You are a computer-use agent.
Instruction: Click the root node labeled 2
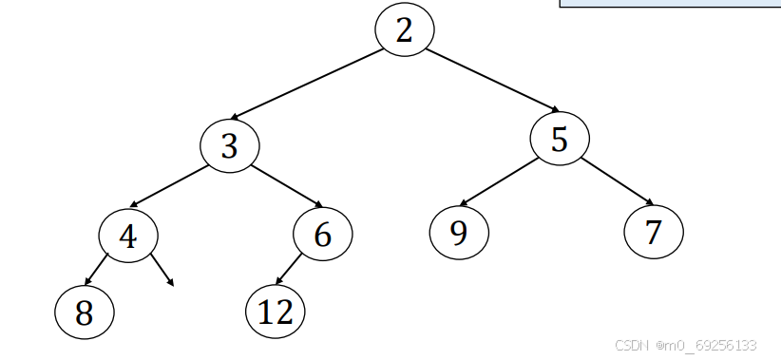coord(405,30)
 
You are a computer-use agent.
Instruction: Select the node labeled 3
coord(229,146)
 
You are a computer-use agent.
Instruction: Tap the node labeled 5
coord(560,140)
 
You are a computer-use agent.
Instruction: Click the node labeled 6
coord(323,235)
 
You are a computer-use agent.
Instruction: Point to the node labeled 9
coord(459,232)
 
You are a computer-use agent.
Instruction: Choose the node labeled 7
coord(654,232)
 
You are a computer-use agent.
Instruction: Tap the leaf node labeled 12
coord(276,311)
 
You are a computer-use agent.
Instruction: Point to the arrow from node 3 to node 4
coord(169,186)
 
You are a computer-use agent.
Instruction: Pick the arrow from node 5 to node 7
coord(618,180)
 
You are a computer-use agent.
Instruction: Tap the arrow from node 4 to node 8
coord(98,269)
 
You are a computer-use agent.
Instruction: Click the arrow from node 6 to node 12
coord(288,270)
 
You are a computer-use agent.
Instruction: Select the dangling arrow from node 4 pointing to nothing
coord(162,269)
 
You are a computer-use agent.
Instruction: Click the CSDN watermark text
coord(685,346)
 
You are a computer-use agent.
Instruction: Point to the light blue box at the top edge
coord(670,4)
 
